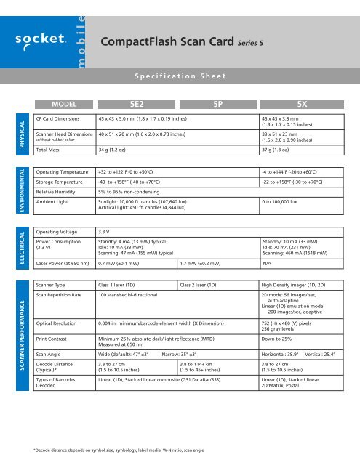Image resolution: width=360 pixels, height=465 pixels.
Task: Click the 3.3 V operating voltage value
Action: [x=104, y=230]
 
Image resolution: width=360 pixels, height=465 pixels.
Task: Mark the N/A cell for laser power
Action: [x=267, y=264]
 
